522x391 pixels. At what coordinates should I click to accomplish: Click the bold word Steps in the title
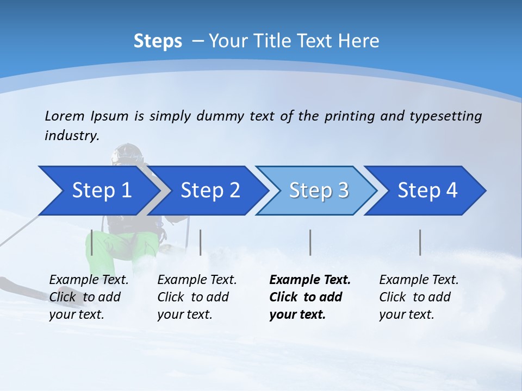[x=158, y=41]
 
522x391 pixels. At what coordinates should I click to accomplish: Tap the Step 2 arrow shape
[x=210, y=191]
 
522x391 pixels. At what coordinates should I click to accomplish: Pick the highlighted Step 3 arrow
[x=319, y=191]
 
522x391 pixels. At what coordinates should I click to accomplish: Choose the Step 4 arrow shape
[x=427, y=191]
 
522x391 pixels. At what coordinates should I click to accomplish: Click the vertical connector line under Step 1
[x=92, y=242]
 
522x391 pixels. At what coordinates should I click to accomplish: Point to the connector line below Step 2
[x=201, y=242]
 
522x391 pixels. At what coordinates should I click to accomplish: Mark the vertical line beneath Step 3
[x=310, y=242]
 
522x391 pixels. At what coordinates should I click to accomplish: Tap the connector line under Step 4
[x=420, y=242]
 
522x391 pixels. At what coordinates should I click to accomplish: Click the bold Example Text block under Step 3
[x=310, y=297]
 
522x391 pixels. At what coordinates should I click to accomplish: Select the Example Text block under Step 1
[x=89, y=297]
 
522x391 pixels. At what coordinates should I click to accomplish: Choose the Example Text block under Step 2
[x=197, y=297]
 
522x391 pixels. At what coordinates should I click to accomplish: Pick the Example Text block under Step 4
[x=419, y=297]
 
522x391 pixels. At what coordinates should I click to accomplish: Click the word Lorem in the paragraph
[x=65, y=116]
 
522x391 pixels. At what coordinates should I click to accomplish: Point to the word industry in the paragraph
[x=71, y=136]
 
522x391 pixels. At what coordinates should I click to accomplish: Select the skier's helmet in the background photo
[x=126, y=153]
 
